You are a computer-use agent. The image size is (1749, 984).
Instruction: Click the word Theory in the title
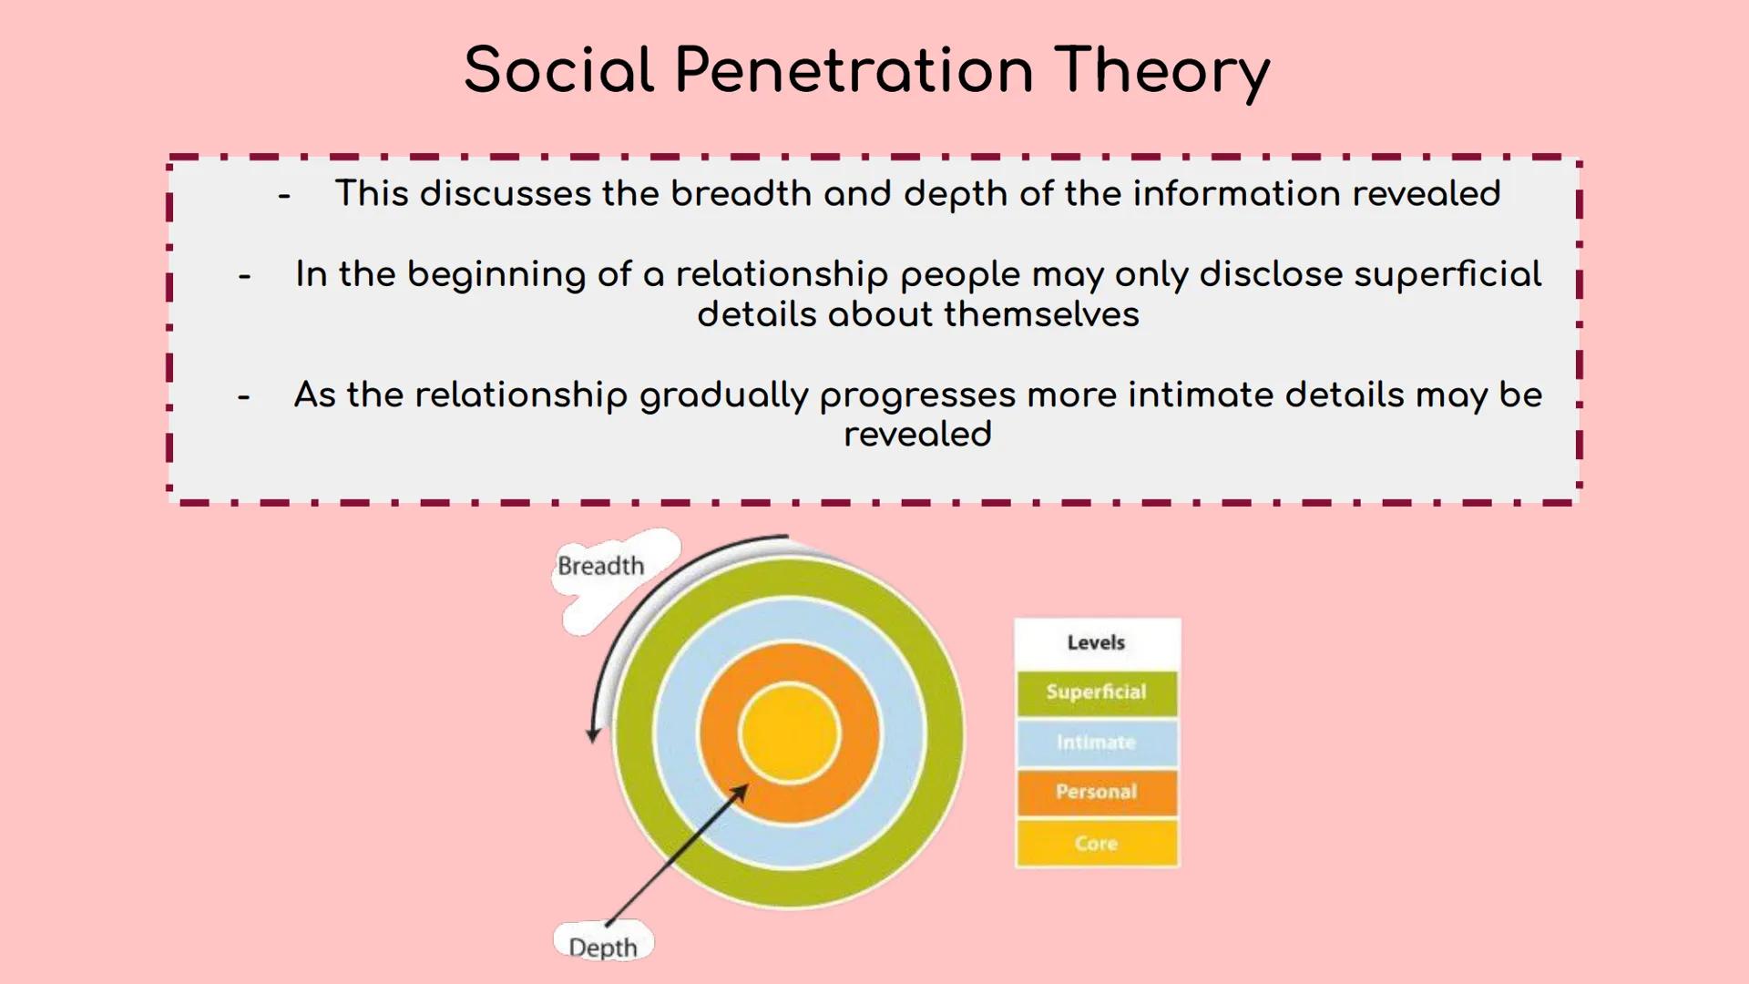(x=1162, y=72)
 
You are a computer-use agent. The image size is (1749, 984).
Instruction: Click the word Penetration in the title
(x=854, y=70)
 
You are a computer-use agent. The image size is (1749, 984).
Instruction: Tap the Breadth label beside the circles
(x=600, y=566)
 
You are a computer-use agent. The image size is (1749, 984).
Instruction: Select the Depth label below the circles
(x=603, y=948)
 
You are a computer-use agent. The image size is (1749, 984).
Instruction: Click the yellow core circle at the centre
(x=789, y=733)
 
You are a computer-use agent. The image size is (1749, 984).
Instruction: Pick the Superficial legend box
(x=1097, y=692)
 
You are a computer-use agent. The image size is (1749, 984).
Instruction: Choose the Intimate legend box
(x=1097, y=743)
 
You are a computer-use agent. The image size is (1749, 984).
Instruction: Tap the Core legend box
(x=1097, y=843)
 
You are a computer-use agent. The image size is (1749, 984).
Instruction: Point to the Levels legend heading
(x=1097, y=643)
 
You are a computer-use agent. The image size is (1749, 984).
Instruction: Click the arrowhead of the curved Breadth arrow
(x=593, y=733)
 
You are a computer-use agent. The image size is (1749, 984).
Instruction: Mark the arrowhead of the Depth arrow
(x=741, y=792)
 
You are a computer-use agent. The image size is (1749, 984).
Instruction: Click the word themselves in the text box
(x=1042, y=314)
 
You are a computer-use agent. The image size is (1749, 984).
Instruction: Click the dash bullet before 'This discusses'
(x=284, y=196)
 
